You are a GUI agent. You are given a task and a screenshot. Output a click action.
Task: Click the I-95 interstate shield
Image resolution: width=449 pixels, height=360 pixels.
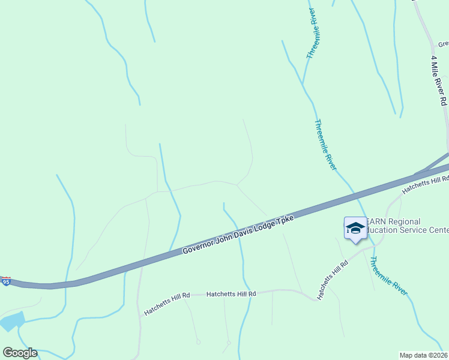coord(6,281)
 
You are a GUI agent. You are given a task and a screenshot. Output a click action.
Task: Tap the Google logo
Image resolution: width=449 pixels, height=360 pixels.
coord(20,352)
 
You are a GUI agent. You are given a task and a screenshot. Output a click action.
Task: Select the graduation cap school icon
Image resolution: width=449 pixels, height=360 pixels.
coord(355,228)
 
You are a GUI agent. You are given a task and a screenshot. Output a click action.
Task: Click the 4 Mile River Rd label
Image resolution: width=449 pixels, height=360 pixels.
coord(439,80)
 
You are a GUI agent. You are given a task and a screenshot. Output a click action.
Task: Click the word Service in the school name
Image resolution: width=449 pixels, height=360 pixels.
coord(420,230)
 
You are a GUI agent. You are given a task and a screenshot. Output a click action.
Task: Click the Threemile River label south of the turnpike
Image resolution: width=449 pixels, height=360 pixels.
coord(388,276)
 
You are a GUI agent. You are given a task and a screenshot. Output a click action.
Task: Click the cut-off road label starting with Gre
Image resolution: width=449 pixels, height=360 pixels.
coord(443,44)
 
